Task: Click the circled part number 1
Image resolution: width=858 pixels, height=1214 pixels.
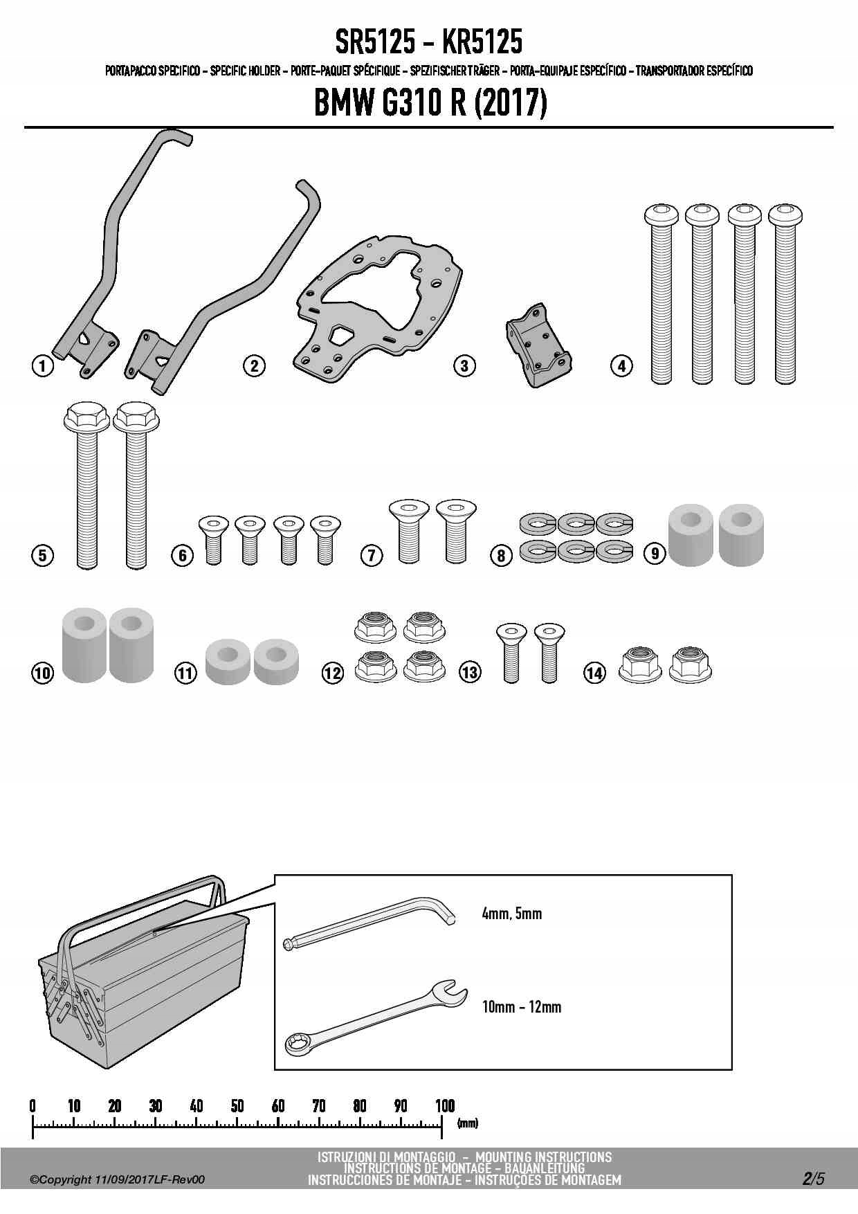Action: [x=43, y=365]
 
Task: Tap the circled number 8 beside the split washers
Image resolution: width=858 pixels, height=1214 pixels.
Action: [x=501, y=555]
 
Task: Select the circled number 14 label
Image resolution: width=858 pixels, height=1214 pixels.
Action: [x=594, y=672]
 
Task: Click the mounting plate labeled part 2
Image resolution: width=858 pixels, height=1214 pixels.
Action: [x=380, y=307]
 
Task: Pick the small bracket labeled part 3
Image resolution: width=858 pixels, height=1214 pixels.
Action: [x=538, y=345]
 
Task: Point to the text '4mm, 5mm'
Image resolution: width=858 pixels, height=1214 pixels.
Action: [x=512, y=914]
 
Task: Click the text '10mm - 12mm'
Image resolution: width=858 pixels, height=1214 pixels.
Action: [x=522, y=1006]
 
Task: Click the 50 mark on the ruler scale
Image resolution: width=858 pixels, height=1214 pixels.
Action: [x=237, y=1106]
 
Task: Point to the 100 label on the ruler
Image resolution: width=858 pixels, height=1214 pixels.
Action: [x=445, y=1106]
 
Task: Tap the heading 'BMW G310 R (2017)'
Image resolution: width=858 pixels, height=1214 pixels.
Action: [x=430, y=104]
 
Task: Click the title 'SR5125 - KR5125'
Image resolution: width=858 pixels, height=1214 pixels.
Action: [x=429, y=43]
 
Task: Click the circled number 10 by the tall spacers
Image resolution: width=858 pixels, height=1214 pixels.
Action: [x=42, y=673]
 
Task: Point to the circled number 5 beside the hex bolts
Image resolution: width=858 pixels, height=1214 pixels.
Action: [x=43, y=555]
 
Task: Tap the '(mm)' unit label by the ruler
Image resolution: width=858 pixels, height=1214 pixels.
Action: [x=468, y=1123]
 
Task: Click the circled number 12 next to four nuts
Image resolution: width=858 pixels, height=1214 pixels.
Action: [x=333, y=673]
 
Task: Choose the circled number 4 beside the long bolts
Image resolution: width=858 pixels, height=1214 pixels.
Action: [x=621, y=365]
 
